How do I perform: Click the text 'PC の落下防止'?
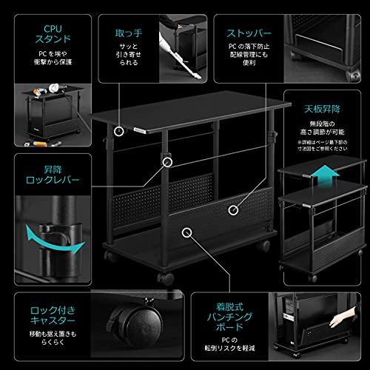tap(248, 55)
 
